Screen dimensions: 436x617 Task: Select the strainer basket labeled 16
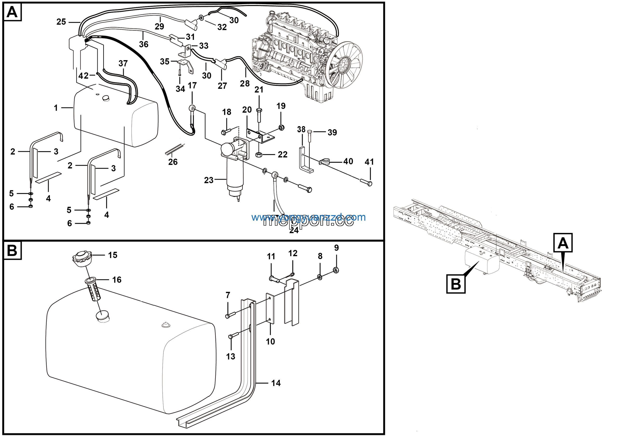(93, 289)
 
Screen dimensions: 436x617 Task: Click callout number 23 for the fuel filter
(208, 180)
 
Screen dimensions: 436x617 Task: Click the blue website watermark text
(308, 217)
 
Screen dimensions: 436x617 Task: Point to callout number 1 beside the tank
(56, 108)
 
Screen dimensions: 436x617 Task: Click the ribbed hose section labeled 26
(175, 149)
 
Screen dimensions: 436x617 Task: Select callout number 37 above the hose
(123, 63)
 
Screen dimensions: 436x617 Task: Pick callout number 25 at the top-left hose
(61, 22)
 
